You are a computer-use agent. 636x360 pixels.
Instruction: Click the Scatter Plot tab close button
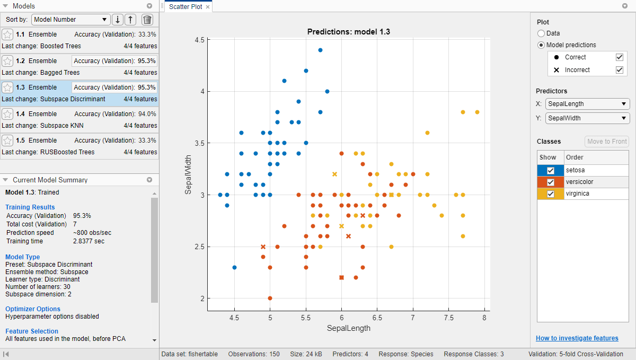[208, 7]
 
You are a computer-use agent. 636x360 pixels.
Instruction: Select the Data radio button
[541, 33]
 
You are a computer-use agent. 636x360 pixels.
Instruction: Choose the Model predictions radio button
[541, 45]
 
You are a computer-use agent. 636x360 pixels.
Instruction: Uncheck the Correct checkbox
[619, 57]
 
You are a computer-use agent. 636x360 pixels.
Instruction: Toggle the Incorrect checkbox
[619, 69]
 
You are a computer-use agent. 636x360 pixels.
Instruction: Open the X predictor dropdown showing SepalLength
[587, 104]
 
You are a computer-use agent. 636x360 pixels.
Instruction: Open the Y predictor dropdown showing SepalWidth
[587, 118]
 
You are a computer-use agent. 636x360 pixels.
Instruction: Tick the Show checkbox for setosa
[551, 170]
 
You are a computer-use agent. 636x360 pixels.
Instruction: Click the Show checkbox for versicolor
[551, 182]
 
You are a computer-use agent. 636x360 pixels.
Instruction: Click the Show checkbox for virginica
[551, 194]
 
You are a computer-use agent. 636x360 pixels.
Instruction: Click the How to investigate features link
[577, 338]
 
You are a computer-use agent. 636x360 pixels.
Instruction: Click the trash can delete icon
[147, 20]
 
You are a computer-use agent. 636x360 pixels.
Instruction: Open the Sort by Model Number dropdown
[70, 20]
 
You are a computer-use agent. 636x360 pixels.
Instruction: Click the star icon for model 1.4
[7, 114]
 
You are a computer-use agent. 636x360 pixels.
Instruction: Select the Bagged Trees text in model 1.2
[60, 73]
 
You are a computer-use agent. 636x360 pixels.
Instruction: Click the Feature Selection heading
[31, 331]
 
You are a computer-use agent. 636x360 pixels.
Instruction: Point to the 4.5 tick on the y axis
[199, 40]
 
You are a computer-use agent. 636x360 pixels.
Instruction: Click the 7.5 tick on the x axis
[448, 318]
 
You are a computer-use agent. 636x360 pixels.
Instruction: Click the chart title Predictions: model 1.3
[348, 31]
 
